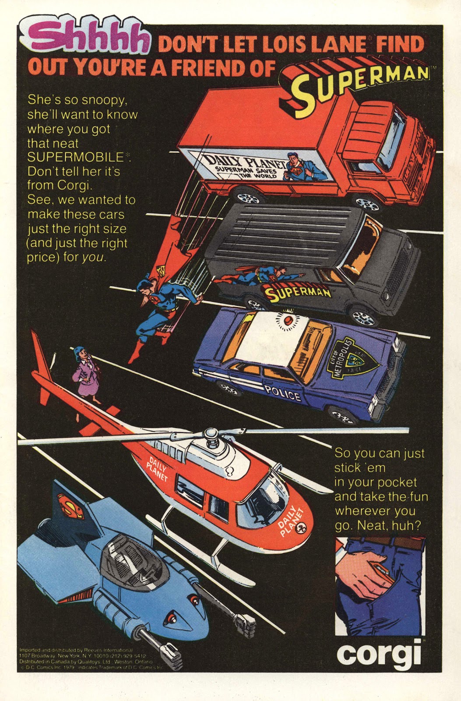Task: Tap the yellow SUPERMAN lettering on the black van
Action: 299,292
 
